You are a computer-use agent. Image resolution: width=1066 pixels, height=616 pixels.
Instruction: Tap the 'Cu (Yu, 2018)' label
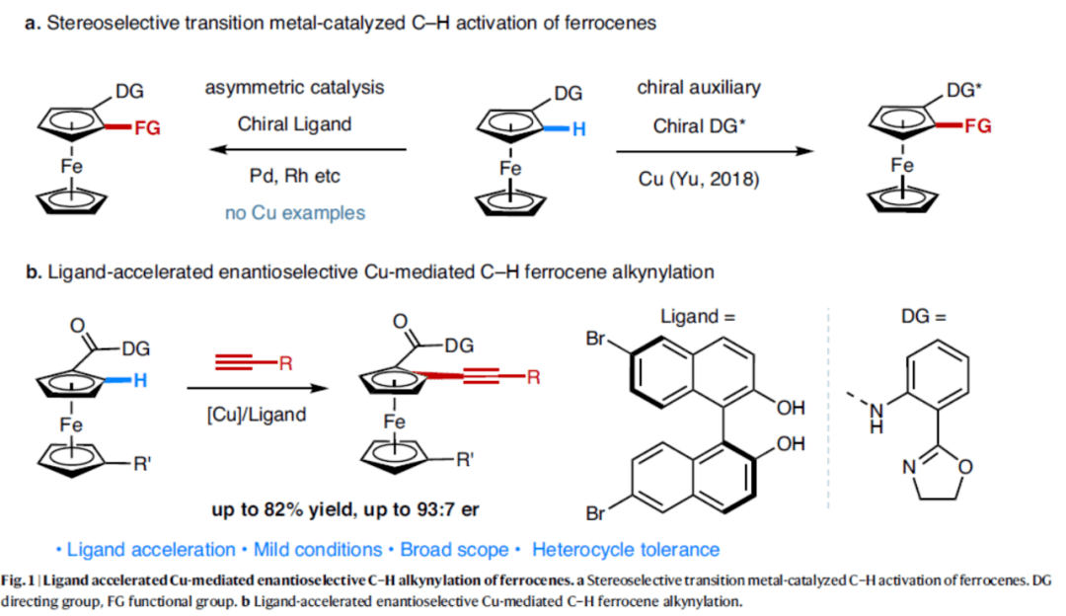[x=699, y=178]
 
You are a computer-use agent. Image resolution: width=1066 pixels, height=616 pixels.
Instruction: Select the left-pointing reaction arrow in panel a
[x=311, y=150]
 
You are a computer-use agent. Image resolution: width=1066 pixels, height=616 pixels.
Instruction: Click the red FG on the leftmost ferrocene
[x=146, y=127]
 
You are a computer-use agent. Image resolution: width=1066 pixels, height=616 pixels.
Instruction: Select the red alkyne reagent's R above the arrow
[x=285, y=364]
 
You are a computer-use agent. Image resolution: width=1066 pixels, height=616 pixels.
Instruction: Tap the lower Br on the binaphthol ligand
[x=596, y=512]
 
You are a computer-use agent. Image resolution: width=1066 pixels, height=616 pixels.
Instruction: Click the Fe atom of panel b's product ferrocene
[x=394, y=423]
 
